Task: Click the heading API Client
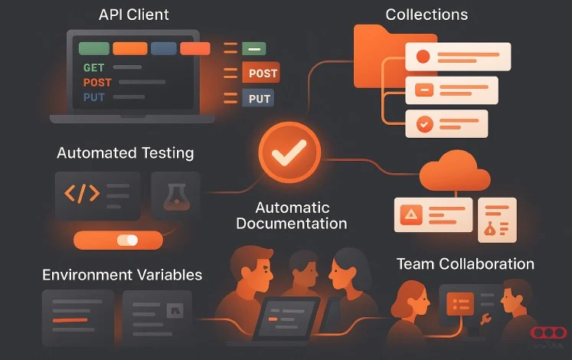(134, 15)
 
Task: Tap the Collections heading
(427, 15)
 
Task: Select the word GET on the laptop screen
(93, 68)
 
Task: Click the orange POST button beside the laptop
(260, 74)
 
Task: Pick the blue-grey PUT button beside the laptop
(260, 99)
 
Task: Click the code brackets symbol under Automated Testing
(81, 193)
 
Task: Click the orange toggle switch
(118, 241)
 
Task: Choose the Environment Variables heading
(123, 275)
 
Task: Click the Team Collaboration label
(465, 264)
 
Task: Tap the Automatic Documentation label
(292, 216)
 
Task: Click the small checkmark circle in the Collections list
(423, 123)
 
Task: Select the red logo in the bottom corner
(549, 332)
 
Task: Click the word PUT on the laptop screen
(93, 97)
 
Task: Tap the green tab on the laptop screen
(93, 48)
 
